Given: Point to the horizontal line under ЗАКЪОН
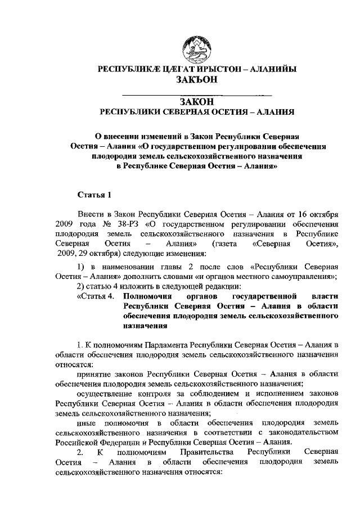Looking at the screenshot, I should point(196,92).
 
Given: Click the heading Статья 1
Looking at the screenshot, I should point(94,195).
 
